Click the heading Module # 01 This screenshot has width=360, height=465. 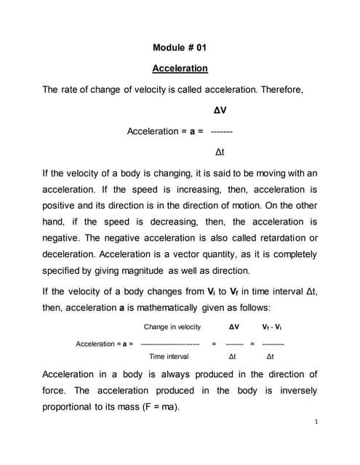coord(180,48)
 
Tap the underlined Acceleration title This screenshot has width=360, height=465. coord(180,69)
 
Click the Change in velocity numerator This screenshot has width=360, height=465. coord(172,328)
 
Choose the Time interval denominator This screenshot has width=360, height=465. coord(169,357)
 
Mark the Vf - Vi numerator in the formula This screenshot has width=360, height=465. coord(273,328)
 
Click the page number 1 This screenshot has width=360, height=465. coord(319,421)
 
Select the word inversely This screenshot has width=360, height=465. coord(297,390)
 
